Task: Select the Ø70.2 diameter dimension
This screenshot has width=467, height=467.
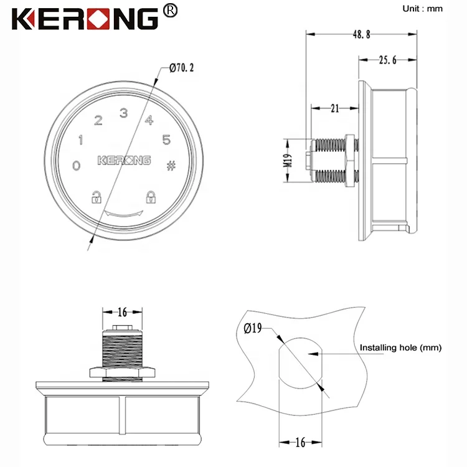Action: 181,67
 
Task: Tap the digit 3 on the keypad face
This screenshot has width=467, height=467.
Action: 123,113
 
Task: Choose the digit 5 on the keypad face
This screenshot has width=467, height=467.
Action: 166,139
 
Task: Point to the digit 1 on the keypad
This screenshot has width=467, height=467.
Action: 80,140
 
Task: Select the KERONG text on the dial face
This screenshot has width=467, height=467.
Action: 124,161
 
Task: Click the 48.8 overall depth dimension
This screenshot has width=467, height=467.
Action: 361,35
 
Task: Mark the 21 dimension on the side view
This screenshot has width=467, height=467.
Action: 334,108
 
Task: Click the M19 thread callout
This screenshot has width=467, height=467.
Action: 288,163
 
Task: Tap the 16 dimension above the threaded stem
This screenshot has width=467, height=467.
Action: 121,312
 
